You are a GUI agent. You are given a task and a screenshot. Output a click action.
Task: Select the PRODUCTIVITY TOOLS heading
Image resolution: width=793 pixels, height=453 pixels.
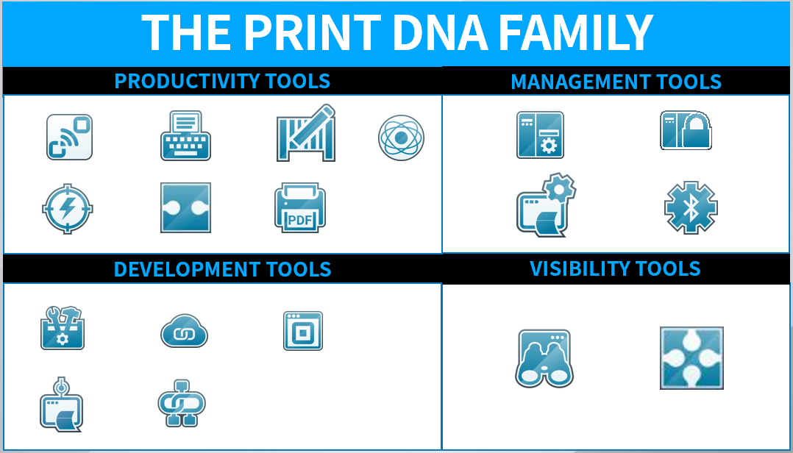[x=222, y=81]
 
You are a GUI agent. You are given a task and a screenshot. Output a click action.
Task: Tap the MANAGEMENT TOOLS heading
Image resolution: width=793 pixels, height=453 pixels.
[x=616, y=82]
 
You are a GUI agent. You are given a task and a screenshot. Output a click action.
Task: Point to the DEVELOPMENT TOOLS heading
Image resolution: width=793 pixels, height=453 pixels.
[x=222, y=269]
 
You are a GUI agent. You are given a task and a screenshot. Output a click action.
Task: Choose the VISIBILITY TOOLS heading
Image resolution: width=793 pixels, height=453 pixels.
[x=615, y=268]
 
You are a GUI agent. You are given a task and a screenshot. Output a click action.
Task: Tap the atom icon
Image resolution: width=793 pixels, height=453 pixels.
[x=401, y=138]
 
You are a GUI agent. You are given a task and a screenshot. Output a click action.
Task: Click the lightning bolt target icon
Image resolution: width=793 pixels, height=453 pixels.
[x=67, y=209]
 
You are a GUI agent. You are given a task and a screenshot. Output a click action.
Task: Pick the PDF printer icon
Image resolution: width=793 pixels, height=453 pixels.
[x=300, y=207]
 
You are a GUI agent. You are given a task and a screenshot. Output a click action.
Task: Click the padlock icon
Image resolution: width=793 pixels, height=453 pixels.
[x=686, y=130]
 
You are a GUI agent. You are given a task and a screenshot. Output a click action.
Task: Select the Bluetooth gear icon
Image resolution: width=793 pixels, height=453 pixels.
[x=691, y=208]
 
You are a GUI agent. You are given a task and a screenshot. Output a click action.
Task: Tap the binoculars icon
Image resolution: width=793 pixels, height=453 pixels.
[x=544, y=358]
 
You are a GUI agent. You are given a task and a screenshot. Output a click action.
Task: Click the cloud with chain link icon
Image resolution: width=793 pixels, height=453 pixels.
[x=184, y=332]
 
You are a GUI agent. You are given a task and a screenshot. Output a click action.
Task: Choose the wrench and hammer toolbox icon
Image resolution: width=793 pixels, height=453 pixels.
[x=62, y=328]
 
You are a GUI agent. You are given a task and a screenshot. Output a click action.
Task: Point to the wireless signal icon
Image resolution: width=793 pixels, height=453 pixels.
[x=69, y=137]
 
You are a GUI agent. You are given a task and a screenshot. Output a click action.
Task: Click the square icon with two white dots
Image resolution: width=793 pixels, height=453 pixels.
[x=185, y=208]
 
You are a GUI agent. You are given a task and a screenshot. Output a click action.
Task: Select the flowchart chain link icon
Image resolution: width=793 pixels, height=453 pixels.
[x=182, y=402]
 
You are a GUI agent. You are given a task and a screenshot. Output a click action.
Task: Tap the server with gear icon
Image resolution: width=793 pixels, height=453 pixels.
[x=540, y=135]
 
